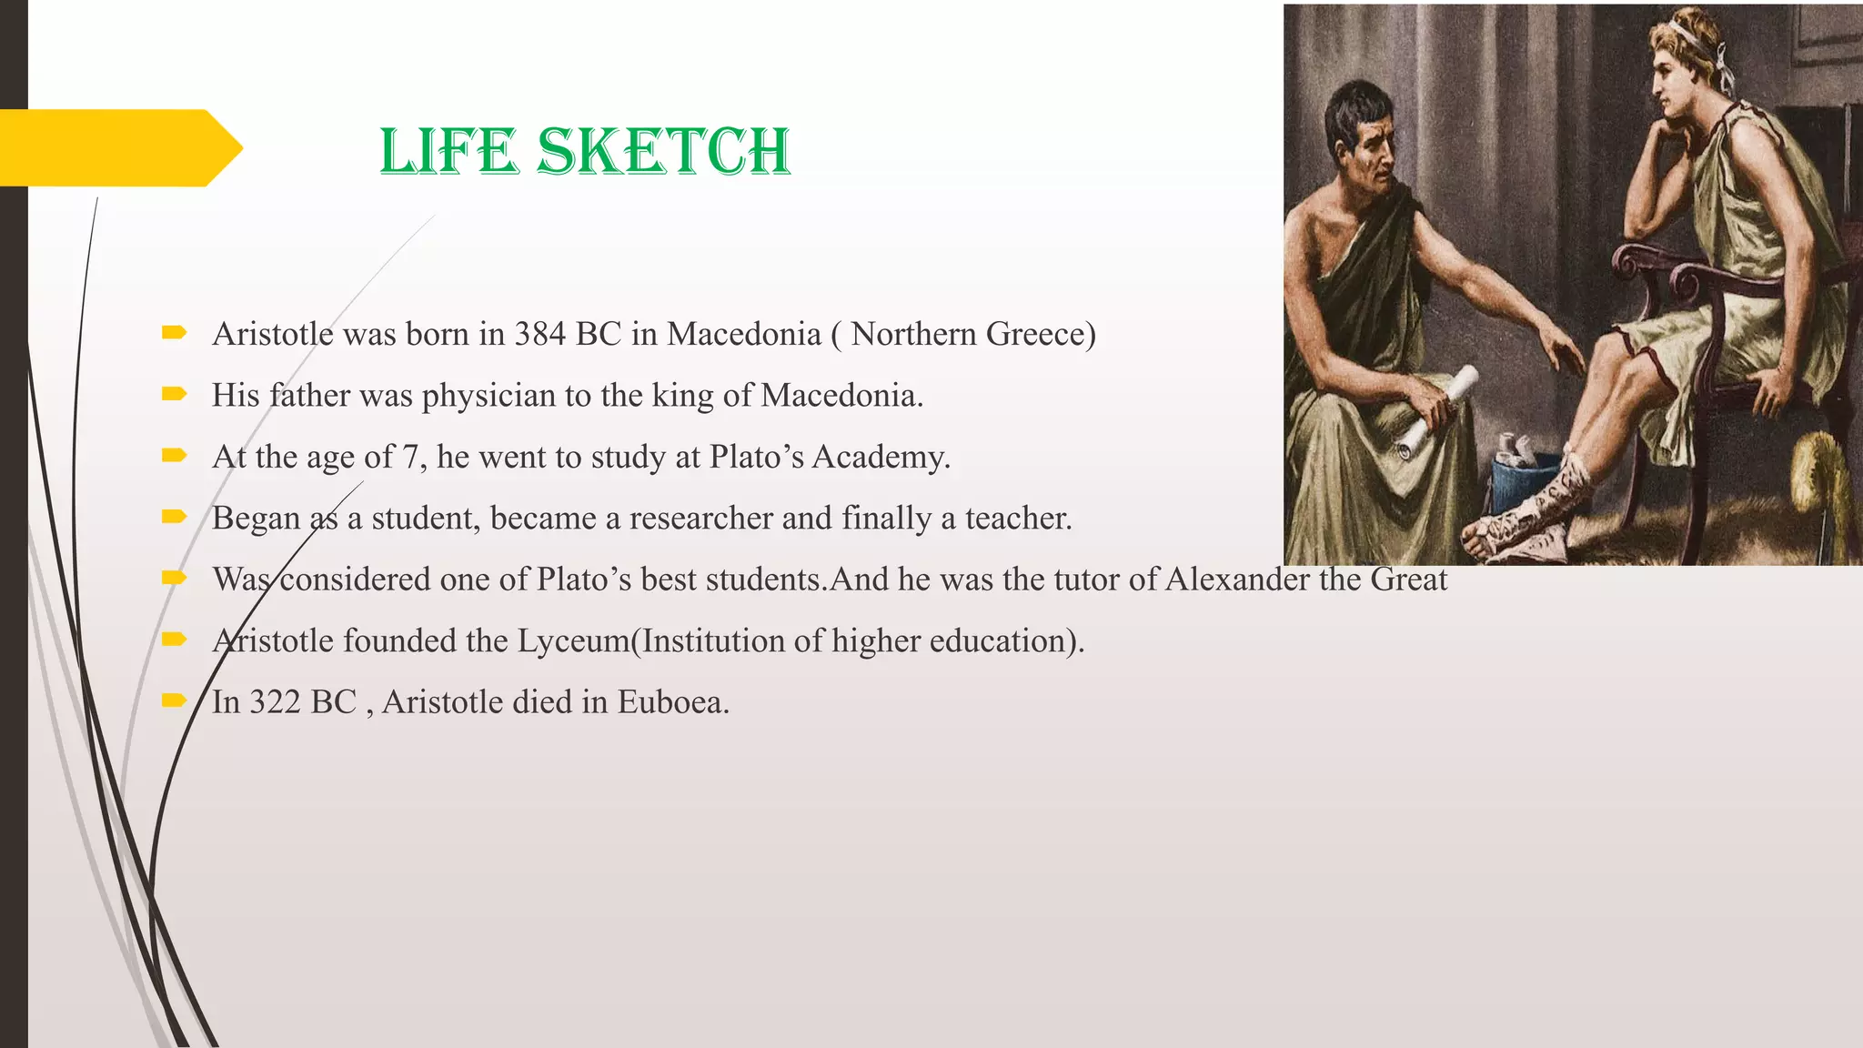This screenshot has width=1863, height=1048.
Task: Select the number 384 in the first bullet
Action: (x=540, y=335)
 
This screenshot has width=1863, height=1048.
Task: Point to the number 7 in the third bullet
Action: (x=411, y=457)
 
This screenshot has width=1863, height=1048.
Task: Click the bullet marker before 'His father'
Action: (x=173, y=394)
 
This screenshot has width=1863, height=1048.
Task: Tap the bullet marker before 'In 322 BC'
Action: (x=173, y=700)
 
